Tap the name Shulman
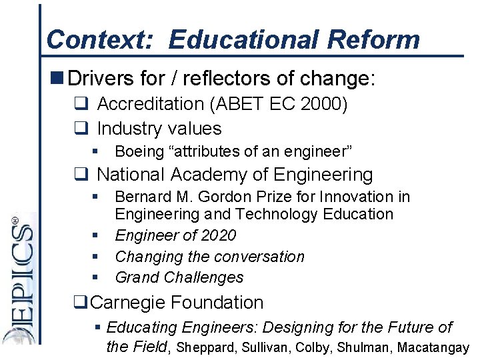(360, 347)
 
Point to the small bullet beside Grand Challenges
(97, 277)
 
